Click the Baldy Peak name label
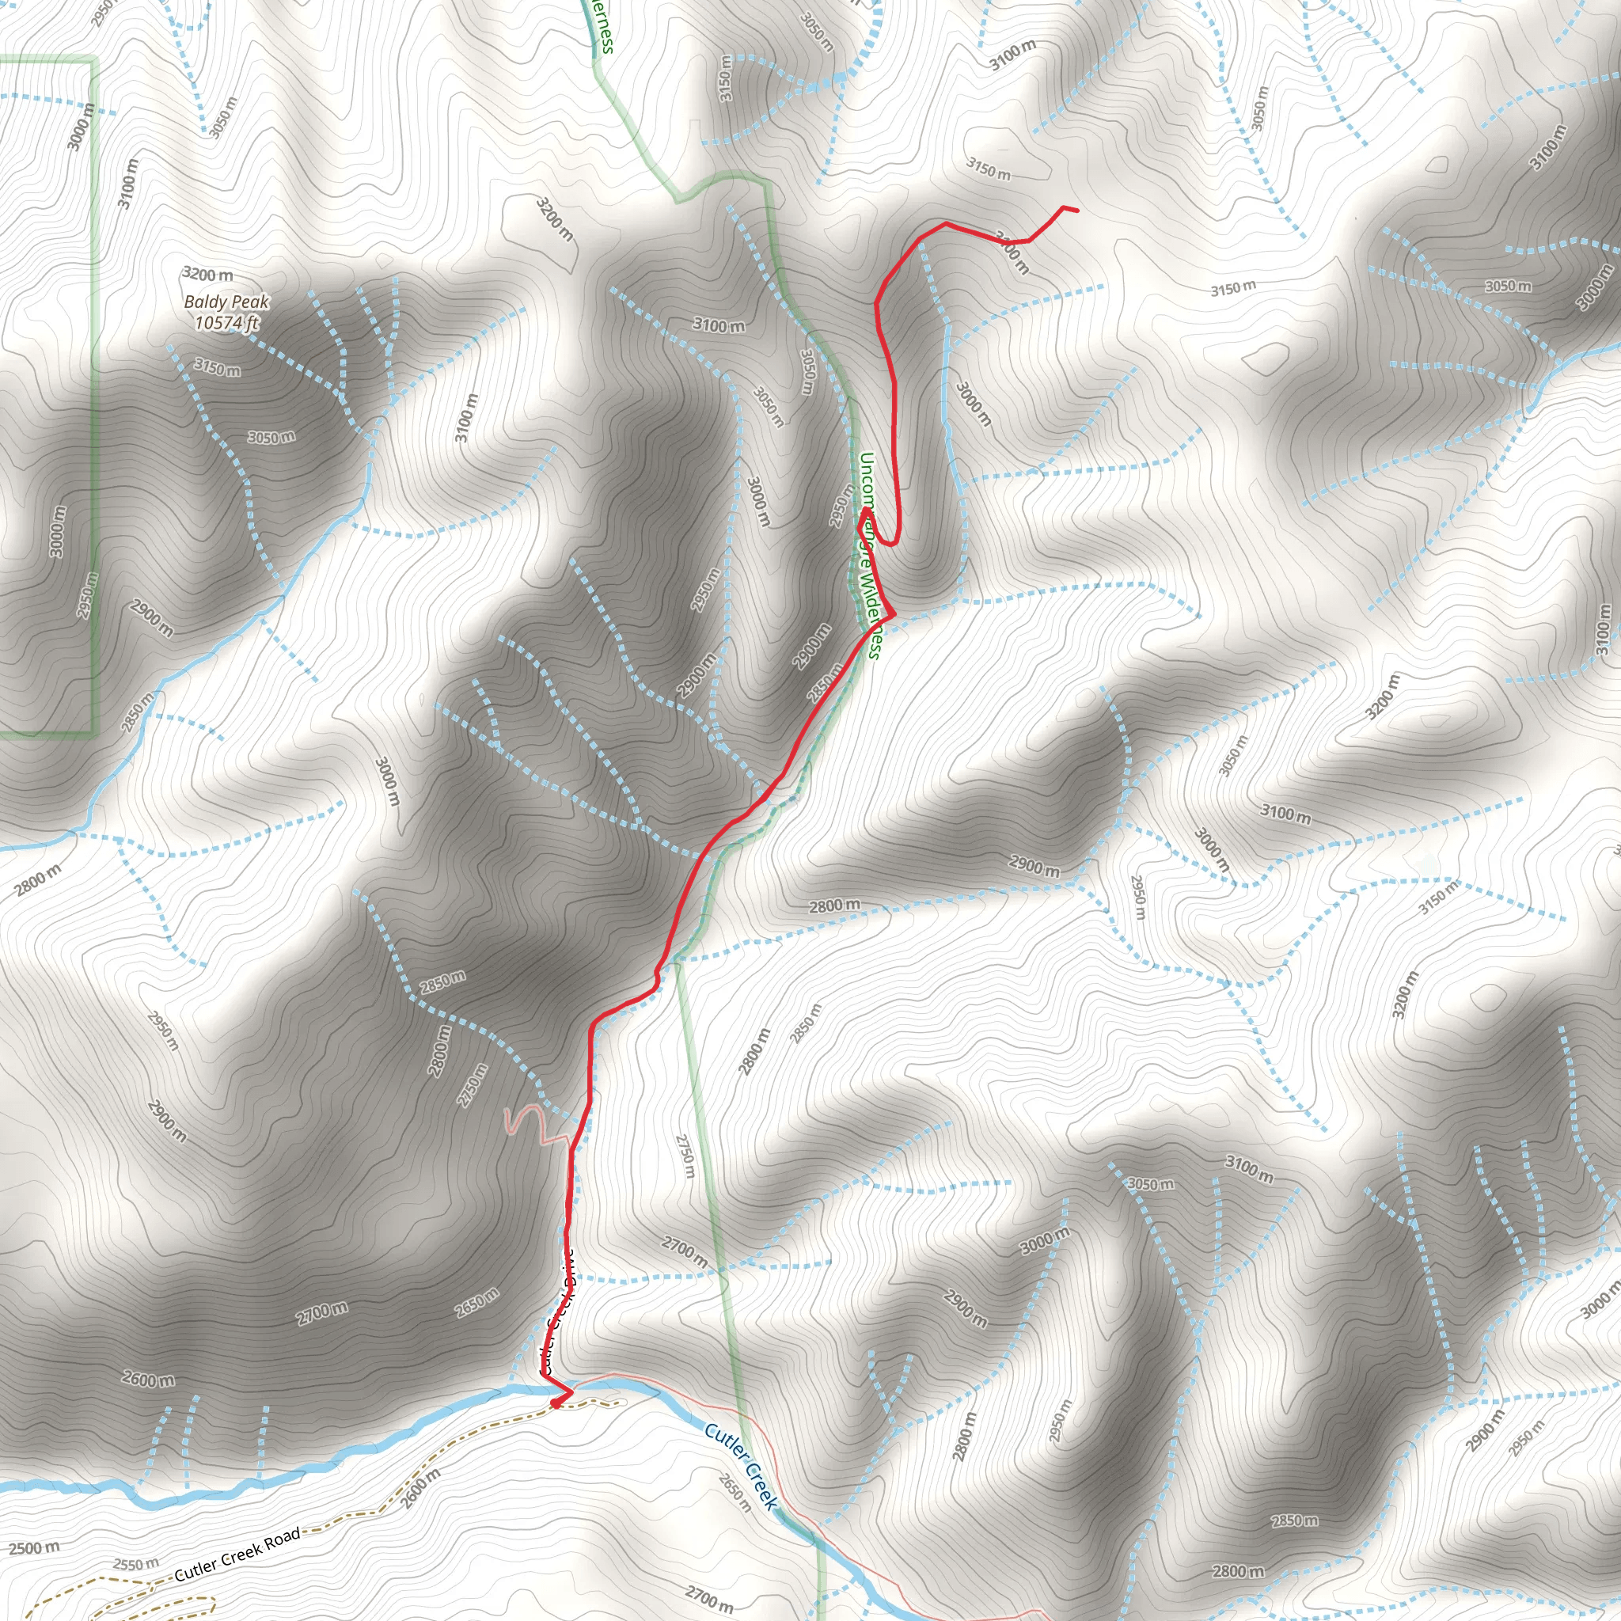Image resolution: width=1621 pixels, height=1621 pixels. tap(226, 302)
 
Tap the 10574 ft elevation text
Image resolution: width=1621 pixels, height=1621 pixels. tap(226, 322)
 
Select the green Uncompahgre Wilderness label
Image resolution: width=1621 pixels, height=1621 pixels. tap(869, 555)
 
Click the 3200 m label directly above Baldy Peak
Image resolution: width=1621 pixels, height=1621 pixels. tap(208, 275)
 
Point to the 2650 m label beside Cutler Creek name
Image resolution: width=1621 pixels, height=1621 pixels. tap(735, 1494)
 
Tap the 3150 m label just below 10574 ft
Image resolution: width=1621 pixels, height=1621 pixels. tap(218, 366)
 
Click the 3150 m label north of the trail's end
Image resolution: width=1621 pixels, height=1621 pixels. tap(988, 169)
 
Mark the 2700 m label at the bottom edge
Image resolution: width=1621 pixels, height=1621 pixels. tap(710, 1598)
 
